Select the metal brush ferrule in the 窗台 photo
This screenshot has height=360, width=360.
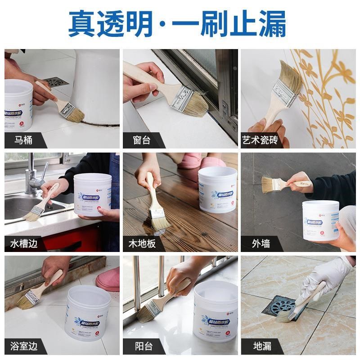[182, 98]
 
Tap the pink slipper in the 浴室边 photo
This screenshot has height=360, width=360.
[108, 279]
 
